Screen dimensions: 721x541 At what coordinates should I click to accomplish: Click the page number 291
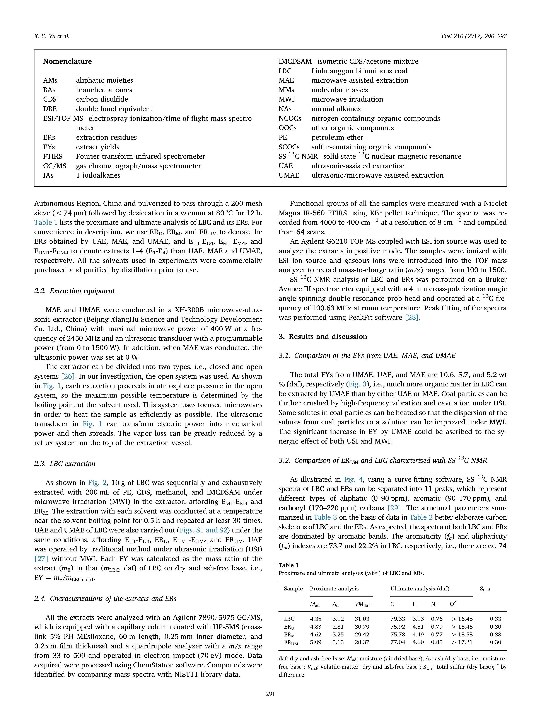tap(270, 703)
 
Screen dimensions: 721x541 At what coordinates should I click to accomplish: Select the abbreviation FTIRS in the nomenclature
tap(53, 156)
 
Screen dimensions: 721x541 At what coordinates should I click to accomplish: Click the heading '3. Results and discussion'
tap(323, 336)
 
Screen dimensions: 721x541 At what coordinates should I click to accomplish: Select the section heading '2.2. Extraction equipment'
tap(74, 291)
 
